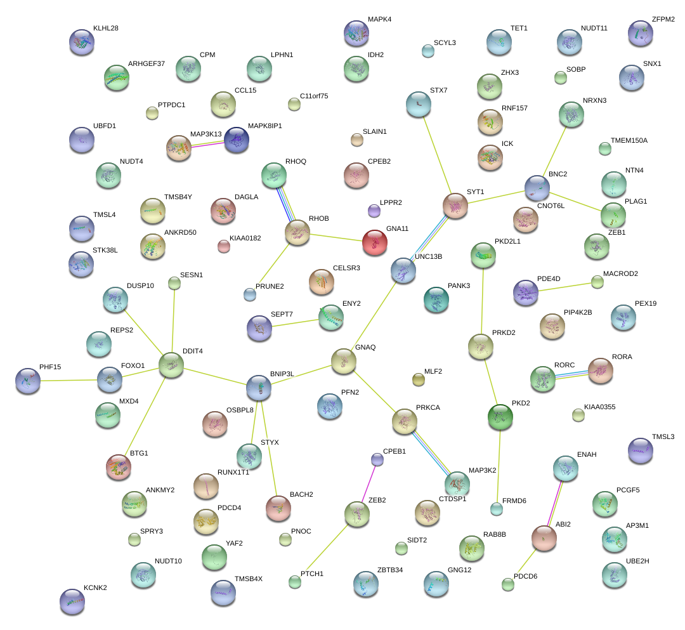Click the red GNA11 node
coord(374,242)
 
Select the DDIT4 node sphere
coord(171,365)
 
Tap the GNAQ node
coord(344,360)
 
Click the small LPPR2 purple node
coord(374,210)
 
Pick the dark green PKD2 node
coord(500,416)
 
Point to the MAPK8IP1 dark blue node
coord(237,140)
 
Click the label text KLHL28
coord(105,29)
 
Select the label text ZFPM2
coord(663,20)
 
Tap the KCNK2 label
coord(95,587)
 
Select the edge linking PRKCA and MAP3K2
coord(430,452)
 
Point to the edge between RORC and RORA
coord(571,374)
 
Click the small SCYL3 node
coord(428,51)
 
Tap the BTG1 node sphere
coord(119,466)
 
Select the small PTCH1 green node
coord(294,581)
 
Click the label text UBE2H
coord(637,561)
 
